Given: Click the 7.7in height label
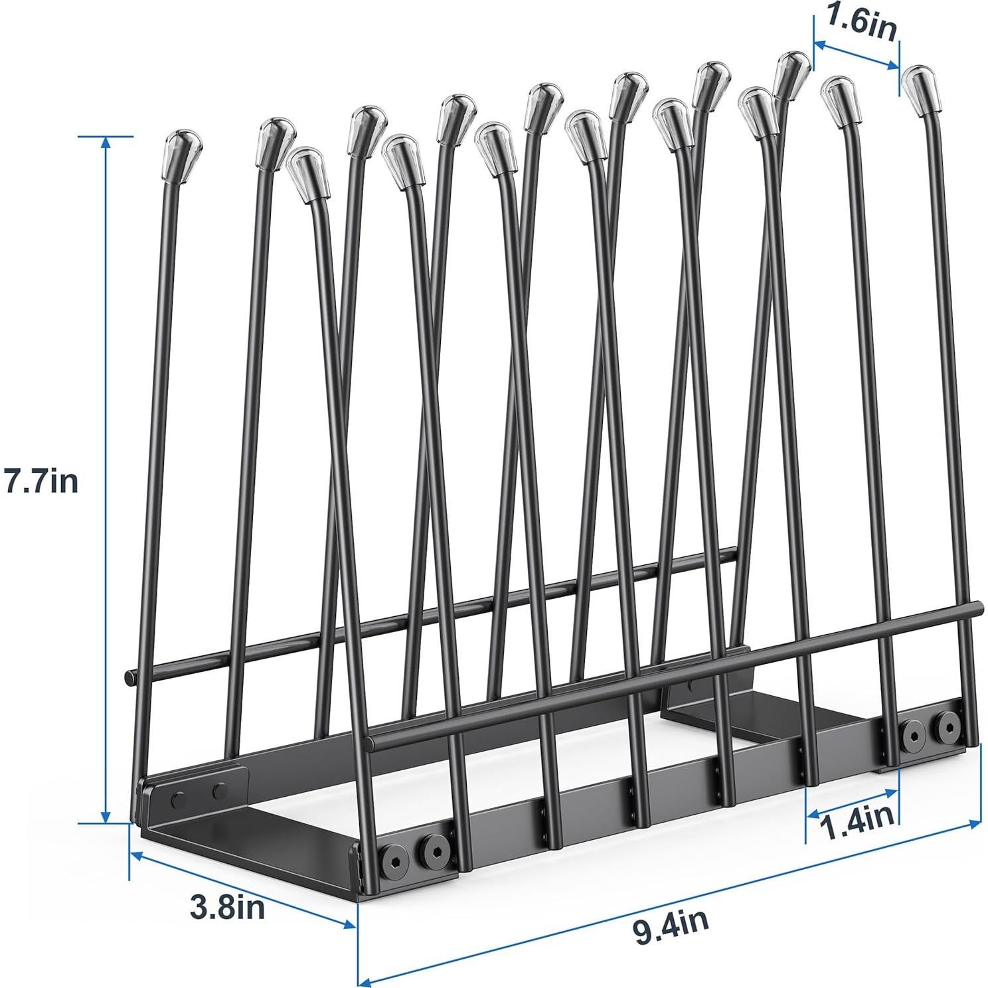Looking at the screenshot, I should click(41, 481).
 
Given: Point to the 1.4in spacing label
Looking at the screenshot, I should click(857, 829).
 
